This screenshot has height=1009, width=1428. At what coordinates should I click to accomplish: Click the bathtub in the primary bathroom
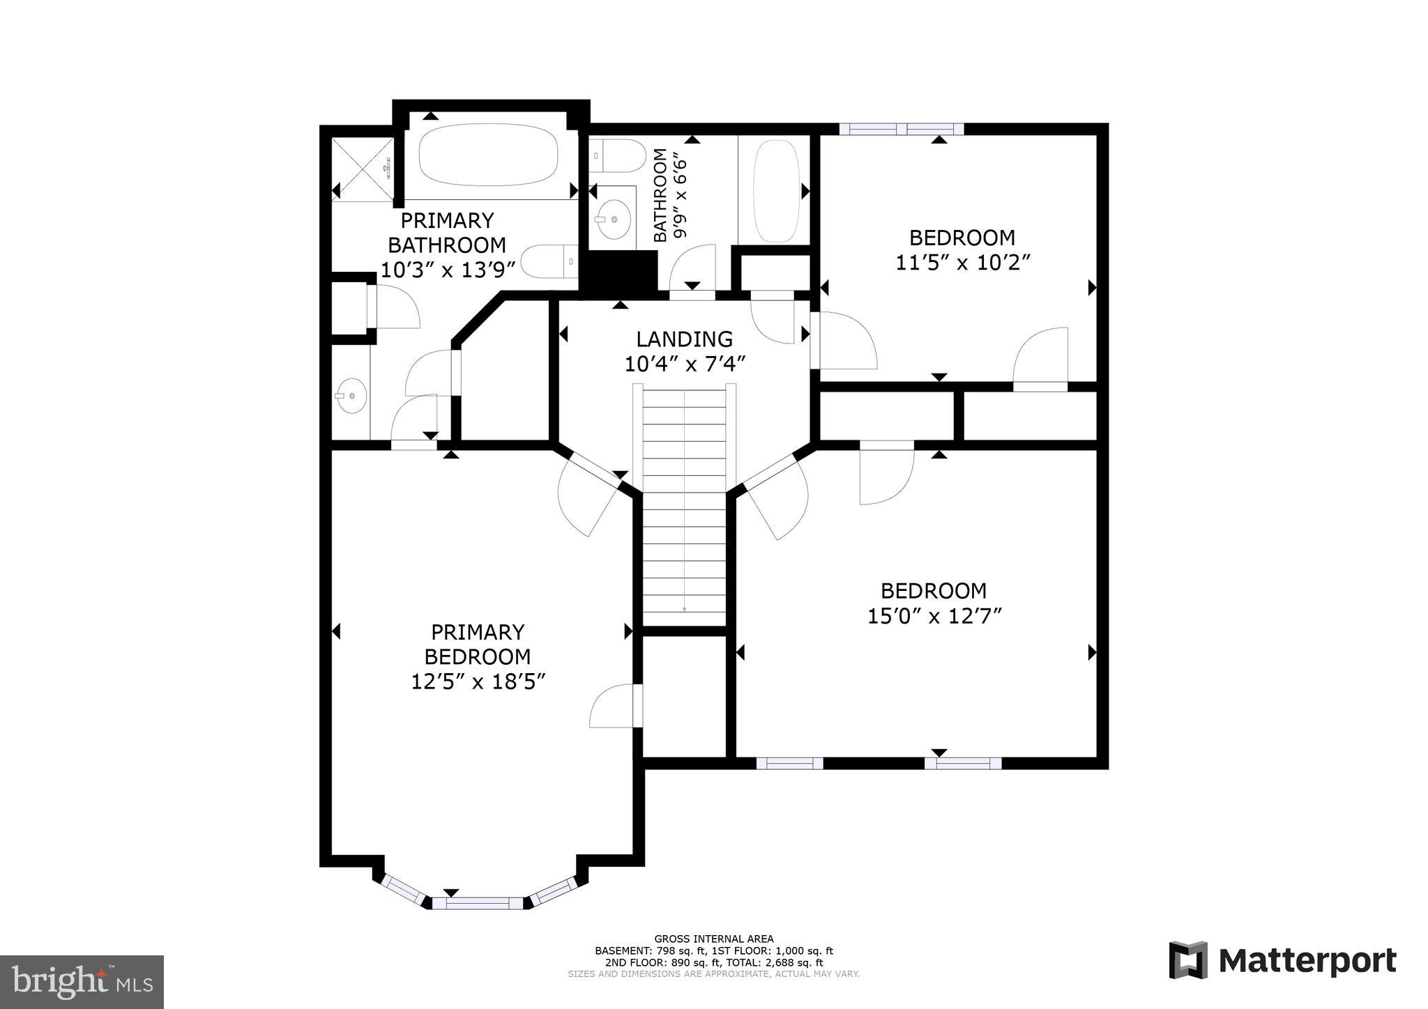click(489, 155)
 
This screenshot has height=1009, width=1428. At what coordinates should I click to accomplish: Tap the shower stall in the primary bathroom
click(361, 169)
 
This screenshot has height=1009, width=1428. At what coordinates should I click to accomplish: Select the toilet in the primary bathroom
click(549, 262)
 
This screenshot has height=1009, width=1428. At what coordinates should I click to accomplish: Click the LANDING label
click(684, 339)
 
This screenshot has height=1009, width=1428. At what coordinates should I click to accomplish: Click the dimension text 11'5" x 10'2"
click(962, 263)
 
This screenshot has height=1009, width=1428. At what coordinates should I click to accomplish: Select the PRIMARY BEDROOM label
click(478, 644)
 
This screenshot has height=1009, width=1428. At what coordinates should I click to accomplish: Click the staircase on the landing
click(684, 502)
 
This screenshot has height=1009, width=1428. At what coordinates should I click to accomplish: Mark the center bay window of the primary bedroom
click(478, 903)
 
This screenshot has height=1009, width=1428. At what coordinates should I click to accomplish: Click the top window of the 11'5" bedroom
click(902, 129)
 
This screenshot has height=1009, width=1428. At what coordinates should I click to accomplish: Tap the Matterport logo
click(1282, 961)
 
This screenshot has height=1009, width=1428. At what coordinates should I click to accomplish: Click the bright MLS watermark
click(82, 982)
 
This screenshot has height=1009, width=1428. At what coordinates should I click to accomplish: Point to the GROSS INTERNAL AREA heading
click(713, 939)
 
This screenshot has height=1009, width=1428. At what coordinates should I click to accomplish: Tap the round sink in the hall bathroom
click(614, 219)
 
